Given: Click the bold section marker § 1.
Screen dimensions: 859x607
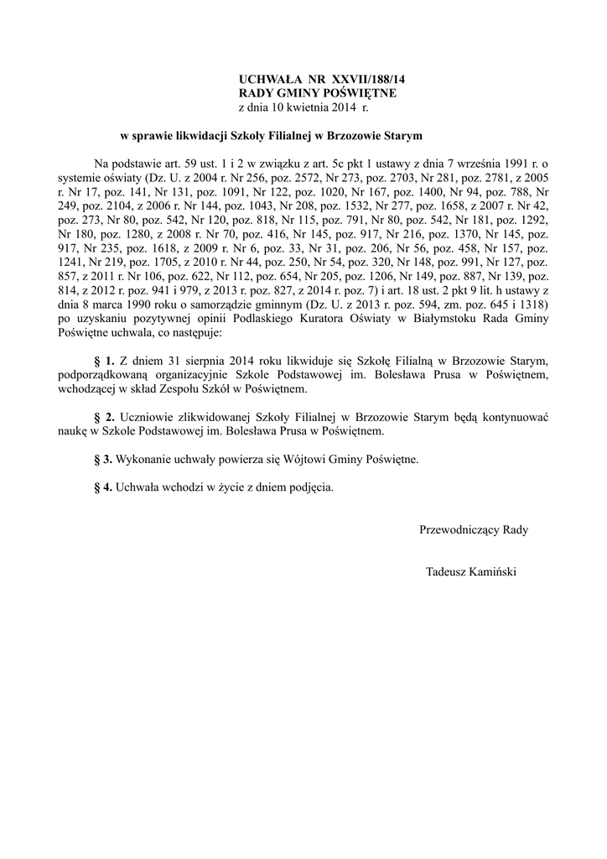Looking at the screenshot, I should click(x=104, y=360).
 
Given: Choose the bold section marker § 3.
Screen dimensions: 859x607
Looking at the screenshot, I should click(x=104, y=460).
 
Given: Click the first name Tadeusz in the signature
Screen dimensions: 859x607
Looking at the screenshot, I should click(x=449, y=572).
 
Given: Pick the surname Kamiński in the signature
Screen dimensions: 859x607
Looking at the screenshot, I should click(x=496, y=572).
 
